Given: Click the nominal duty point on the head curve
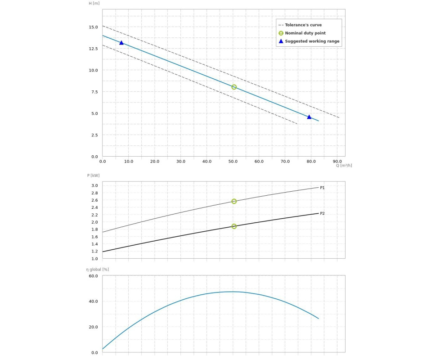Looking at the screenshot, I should [x=234, y=87].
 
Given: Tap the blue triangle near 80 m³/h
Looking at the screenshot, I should [x=309, y=117].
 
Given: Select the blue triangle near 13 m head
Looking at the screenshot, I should [x=121, y=43].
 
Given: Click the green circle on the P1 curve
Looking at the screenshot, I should [x=234, y=201].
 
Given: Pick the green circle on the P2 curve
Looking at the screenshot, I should [x=234, y=226].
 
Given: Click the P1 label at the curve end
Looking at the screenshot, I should [x=322, y=188].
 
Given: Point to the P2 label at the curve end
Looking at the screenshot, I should [x=322, y=213].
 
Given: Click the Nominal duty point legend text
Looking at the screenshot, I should [x=305, y=33].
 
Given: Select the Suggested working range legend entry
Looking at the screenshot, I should [x=312, y=41].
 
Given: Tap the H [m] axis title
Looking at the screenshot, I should [x=94, y=3].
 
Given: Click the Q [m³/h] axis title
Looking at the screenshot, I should [x=344, y=166].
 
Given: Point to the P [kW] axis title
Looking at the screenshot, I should [x=94, y=175].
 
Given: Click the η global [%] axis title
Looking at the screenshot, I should [x=98, y=270].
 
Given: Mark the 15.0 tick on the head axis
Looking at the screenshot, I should [x=93, y=27].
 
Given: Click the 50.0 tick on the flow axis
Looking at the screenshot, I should [x=233, y=161].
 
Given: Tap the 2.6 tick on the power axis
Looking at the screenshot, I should [x=94, y=200].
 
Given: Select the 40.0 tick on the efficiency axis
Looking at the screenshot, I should [x=93, y=301].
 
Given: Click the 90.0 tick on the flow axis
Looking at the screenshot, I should [x=337, y=161].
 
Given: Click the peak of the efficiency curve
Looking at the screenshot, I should [x=232, y=292].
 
